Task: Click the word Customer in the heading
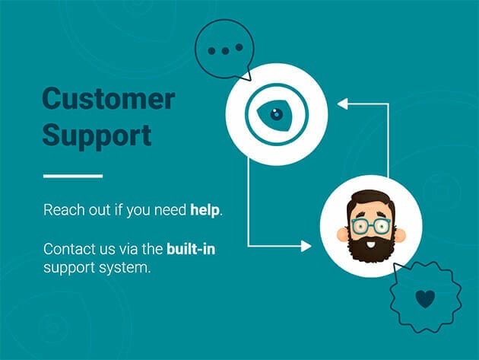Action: (109, 98)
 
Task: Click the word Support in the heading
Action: (97, 135)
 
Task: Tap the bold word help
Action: (205, 210)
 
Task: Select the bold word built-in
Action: (191, 249)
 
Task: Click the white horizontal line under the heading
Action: (73, 176)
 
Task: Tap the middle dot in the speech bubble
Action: (225, 51)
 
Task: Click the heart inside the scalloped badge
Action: (425, 299)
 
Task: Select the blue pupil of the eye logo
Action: (277, 114)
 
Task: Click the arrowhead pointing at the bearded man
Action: (306, 246)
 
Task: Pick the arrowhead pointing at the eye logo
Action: (342, 104)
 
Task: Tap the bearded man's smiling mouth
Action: (370, 245)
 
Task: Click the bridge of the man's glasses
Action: (371, 225)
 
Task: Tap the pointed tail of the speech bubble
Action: (250, 80)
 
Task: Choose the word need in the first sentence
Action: (170, 210)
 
